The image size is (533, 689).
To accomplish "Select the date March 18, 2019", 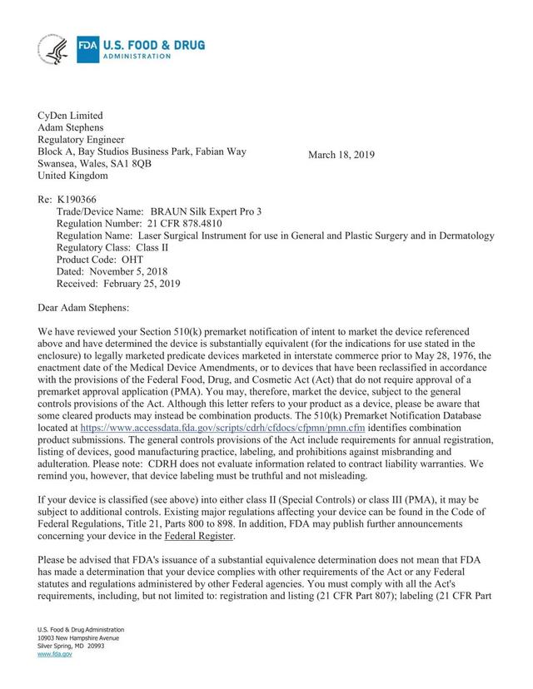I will click(341, 156).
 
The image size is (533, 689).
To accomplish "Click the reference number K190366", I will click(78, 201).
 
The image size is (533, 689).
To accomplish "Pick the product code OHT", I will click(150, 260).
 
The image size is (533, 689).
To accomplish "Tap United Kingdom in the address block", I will click(72, 176).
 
